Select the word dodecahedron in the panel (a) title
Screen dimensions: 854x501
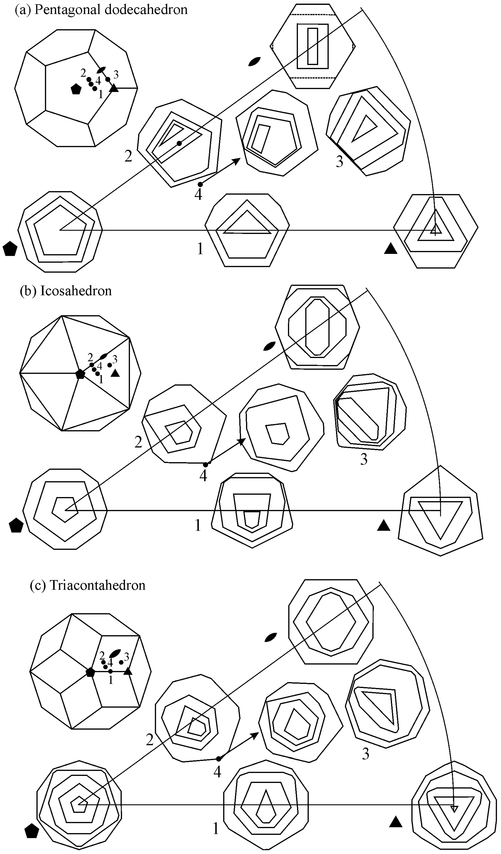click(x=146, y=10)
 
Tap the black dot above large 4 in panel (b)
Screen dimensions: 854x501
click(x=205, y=465)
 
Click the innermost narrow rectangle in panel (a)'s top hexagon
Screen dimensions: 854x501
click(x=313, y=46)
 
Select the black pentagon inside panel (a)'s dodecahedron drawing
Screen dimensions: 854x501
click(x=76, y=89)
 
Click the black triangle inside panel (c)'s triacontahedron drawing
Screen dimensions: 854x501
click(x=128, y=671)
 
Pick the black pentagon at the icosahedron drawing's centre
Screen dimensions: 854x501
click(x=80, y=374)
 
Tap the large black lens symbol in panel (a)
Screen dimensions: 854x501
click(x=254, y=61)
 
